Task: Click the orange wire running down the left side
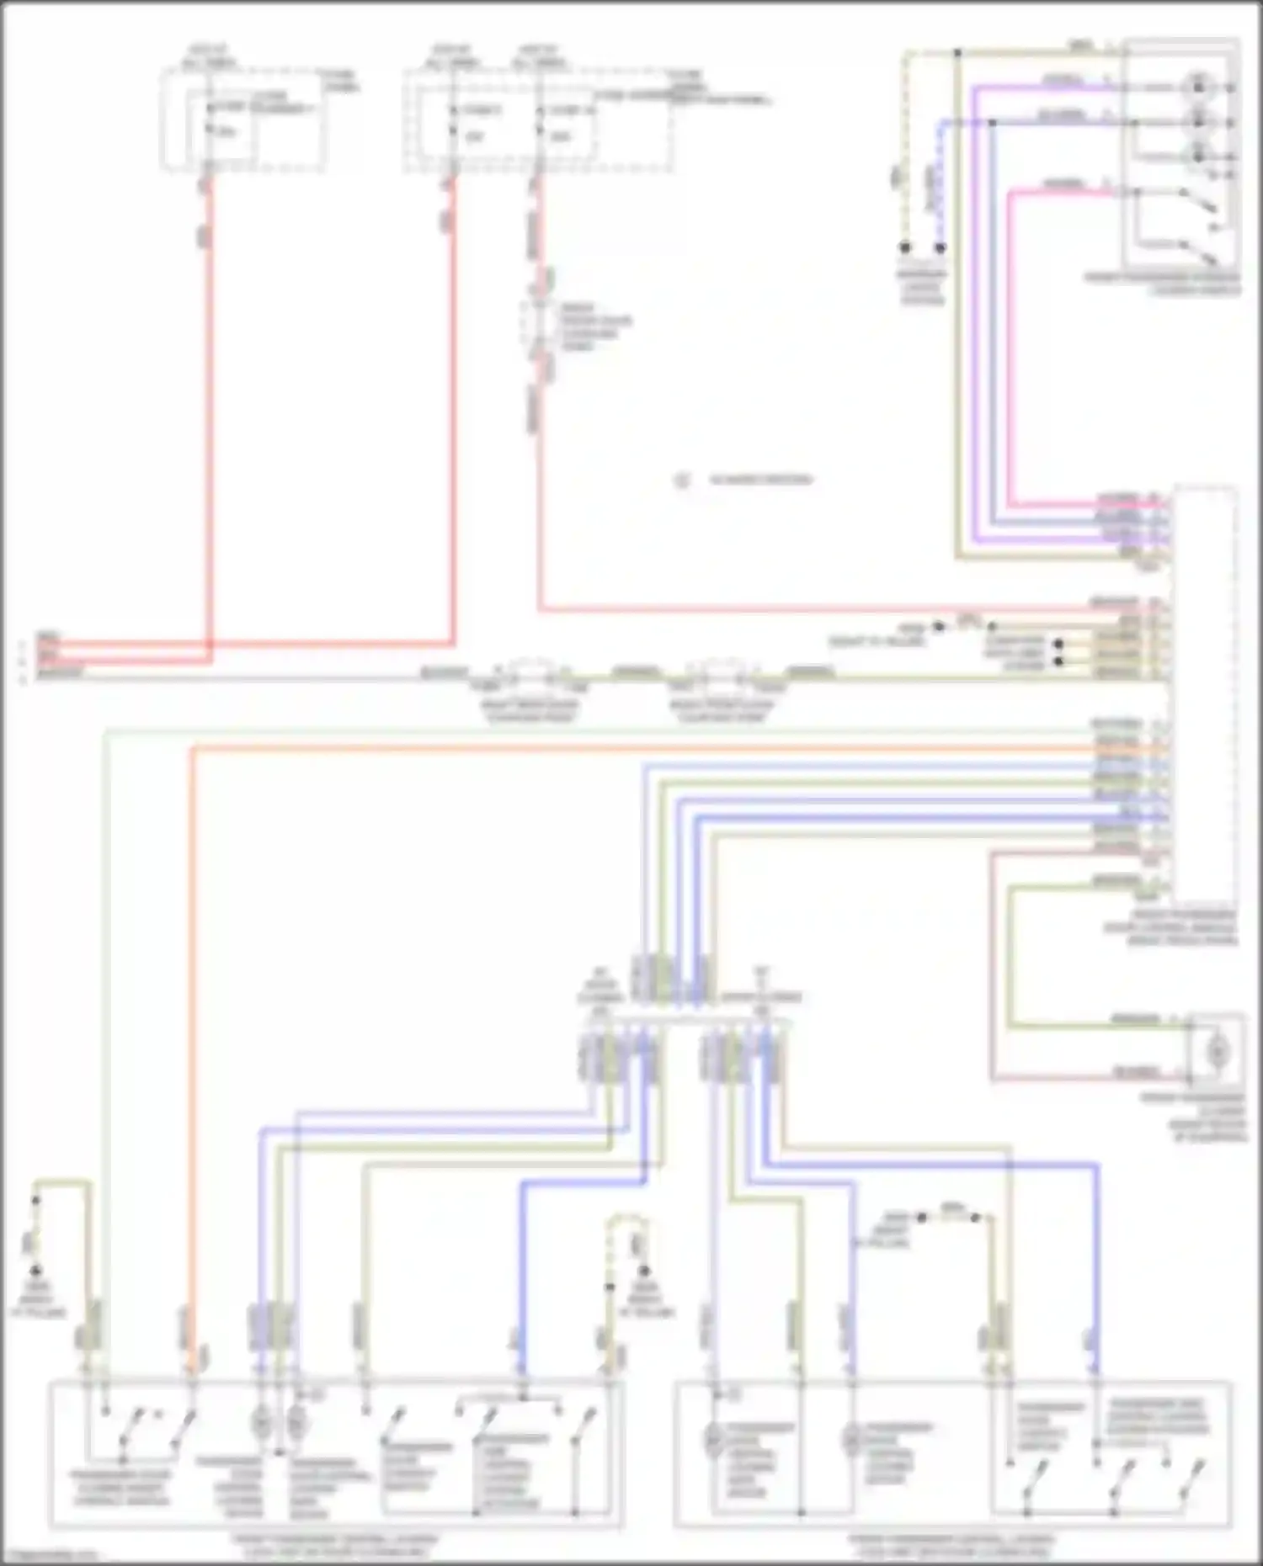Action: point(192,1010)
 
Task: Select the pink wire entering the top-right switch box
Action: point(1010,337)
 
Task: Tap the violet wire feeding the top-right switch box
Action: point(974,337)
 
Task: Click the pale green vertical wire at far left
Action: point(105,1010)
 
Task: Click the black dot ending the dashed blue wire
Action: point(941,247)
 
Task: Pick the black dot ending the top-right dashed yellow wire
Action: point(906,247)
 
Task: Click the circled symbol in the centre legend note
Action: point(682,480)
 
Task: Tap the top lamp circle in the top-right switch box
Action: point(1196,86)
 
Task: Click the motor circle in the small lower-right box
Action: point(1216,1051)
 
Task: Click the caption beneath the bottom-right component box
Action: point(951,1545)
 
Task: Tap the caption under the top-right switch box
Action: point(1162,284)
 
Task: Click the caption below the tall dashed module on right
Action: point(1183,927)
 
